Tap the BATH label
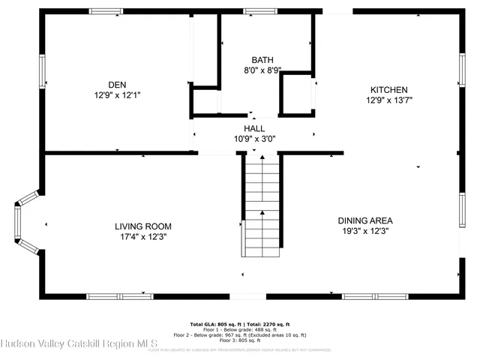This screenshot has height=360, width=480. (x=262, y=60)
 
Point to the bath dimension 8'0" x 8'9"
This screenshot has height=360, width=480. (x=262, y=71)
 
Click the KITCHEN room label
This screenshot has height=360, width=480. (x=388, y=88)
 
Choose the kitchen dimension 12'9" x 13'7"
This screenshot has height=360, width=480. (x=388, y=100)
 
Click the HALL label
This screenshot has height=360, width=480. (x=254, y=128)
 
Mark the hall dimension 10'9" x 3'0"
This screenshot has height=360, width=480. (x=254, y=139)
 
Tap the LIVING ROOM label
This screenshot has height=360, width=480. (x=142, y=226)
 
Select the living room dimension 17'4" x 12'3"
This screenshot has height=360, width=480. (x=142, y=236)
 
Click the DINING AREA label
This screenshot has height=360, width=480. (x=365, y=220)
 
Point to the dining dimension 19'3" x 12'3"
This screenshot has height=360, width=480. (x=365, y=231)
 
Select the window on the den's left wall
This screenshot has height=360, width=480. (x=43, y=70)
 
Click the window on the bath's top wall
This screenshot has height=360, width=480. (x=257, y=11)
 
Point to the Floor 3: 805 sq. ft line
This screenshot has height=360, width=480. (x=239, y=340)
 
